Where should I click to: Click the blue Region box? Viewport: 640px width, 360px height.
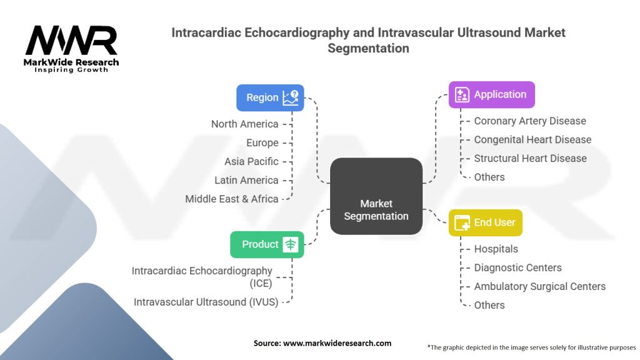(270, 97)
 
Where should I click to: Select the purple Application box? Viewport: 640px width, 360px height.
(491, 94)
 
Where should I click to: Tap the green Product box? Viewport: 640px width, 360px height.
(267, 244)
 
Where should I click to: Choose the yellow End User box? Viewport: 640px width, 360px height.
(485, 222)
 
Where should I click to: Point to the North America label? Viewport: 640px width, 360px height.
(244, 124)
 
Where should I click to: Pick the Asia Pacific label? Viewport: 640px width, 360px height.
(251, 161)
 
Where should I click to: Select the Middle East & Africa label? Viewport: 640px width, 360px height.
(231, 199)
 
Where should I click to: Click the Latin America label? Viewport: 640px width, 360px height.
(246, 180)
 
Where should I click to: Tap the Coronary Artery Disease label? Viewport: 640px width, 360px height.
(530, 121)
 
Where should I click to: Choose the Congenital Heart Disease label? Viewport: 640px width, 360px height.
(532, 139)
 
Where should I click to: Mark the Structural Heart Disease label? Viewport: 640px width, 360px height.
(530, 158)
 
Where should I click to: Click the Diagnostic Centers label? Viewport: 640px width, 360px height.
(517, 267)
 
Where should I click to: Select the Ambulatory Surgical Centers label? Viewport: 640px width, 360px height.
(539, 286)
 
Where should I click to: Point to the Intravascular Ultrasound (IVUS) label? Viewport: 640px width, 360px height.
(206, 302)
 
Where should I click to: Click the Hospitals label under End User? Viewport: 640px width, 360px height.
(496, 249)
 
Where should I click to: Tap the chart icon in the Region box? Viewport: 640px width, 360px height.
(291, 97)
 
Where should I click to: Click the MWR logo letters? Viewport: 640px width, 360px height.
(71, 41)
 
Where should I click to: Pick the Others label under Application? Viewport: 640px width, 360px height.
(489, 177)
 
